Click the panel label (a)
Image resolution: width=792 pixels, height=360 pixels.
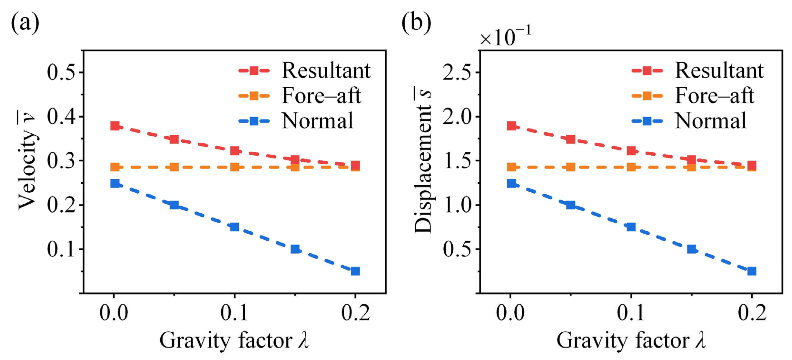pos(25,23)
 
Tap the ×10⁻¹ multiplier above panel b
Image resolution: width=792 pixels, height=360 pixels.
pos(505,37)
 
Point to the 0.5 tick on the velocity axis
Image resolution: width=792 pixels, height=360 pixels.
pos(61,73)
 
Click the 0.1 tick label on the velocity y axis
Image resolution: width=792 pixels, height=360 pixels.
pos(61,249)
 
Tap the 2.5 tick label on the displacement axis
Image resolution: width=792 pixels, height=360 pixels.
pos(457,73)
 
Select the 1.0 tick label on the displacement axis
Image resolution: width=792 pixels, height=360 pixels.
pos(457,205)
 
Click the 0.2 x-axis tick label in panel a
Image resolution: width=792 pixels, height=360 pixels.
pos(355,313)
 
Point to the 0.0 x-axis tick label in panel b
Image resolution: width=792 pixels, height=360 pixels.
pos(510,313)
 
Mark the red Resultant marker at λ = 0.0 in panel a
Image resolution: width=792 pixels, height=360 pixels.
pos(115,126)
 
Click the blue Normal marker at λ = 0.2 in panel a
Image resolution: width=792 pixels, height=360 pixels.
pos(355,271)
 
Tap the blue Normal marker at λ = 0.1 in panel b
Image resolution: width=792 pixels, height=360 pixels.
pos(631,227)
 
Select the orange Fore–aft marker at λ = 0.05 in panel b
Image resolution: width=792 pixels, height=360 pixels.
pos(571,167)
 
